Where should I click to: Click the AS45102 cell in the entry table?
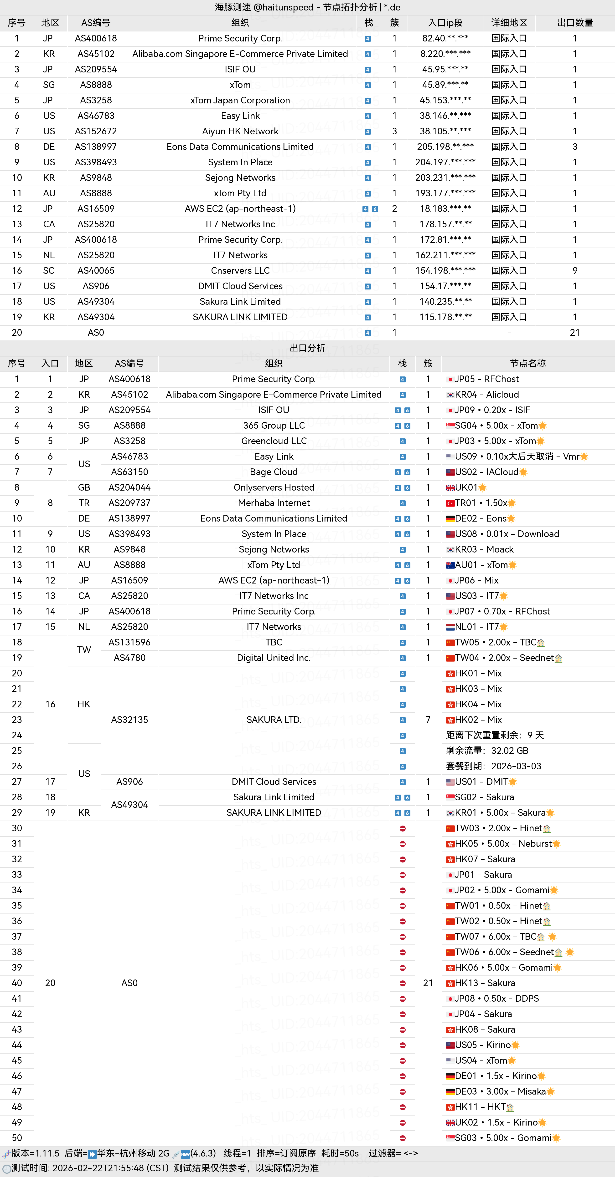click(x=96, y=54)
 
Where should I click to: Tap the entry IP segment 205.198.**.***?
click(x=445, y=147)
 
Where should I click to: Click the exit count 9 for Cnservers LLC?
click(x=575, y=270)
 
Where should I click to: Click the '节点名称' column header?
click(x=528, y=364)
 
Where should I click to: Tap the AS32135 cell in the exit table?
click(x=129, y=720)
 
